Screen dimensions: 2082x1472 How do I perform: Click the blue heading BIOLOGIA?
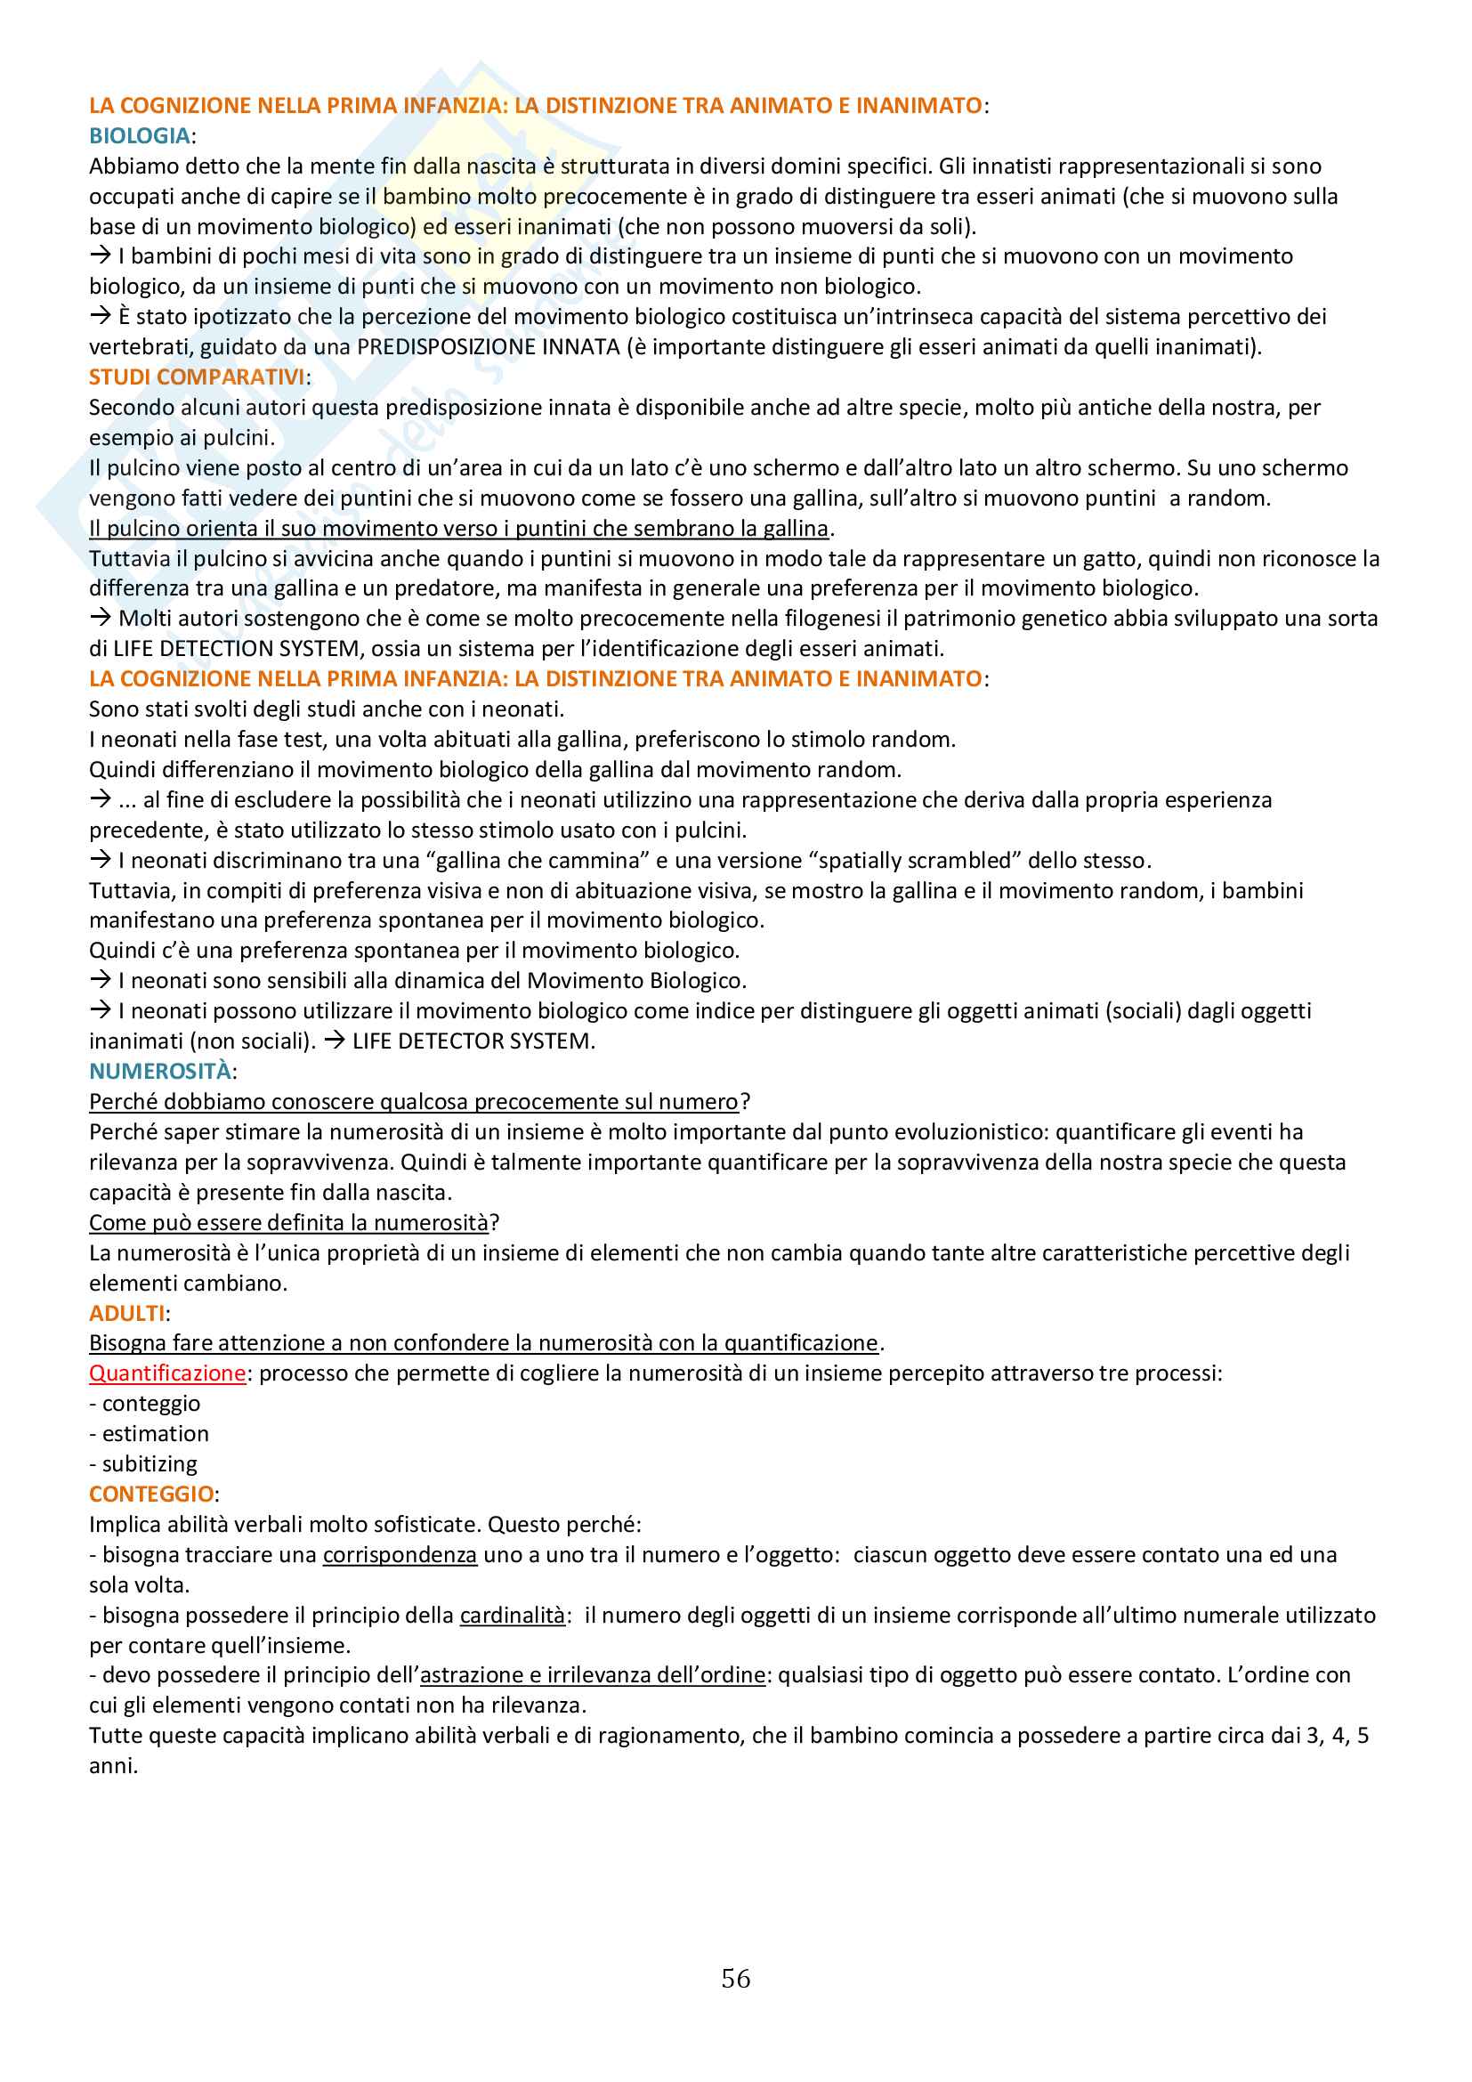tap(139, 136)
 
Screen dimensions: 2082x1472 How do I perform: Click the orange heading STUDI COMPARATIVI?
tap(197, 377)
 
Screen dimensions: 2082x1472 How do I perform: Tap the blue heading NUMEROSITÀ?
tap(159, 1072)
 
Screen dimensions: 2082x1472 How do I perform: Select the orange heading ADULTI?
tap(127, 1313)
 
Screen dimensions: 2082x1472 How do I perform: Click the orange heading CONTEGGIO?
tap(151, 1495)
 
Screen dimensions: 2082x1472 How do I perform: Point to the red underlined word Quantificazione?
tap(166, 1373)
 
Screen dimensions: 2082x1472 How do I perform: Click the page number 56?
tap(735, 1978)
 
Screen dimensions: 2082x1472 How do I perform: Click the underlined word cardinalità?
tap(512, 1615)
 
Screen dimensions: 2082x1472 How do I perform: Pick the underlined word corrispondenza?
tap(400, 1555)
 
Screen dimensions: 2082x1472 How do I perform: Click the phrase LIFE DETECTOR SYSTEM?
tap(473, 1042)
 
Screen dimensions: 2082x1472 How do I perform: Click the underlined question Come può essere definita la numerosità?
tap(288, 1223)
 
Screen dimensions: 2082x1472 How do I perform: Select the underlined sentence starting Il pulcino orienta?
tap(458, 529)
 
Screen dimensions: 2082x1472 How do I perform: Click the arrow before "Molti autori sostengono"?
tap(100, 619)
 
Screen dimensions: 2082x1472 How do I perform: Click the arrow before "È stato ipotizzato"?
tap(100, 317)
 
